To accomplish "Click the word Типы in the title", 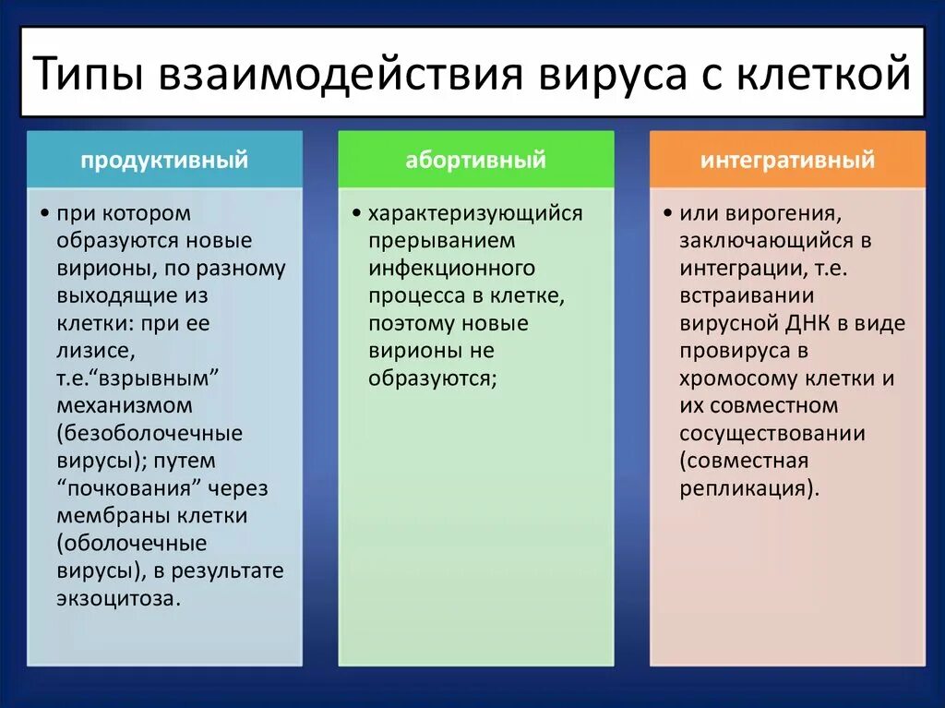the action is coord(89,73).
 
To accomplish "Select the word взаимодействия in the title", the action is coord(341,73).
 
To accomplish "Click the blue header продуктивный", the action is coord(164,160).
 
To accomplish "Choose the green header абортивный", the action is coord(475,160).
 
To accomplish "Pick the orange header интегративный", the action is coord(787,160).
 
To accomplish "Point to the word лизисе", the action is coord(96,351).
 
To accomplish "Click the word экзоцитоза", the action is coord(119,599).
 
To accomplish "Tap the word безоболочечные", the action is coord(150,434).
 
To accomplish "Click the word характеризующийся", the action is coord(475,214).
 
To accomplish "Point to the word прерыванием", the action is coord(442,241).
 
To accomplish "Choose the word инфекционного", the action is coord(451,269).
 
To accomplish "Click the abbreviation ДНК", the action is coord(808,324).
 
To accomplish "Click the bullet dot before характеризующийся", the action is coord(356,213).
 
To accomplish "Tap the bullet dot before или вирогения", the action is coord(668,213).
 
